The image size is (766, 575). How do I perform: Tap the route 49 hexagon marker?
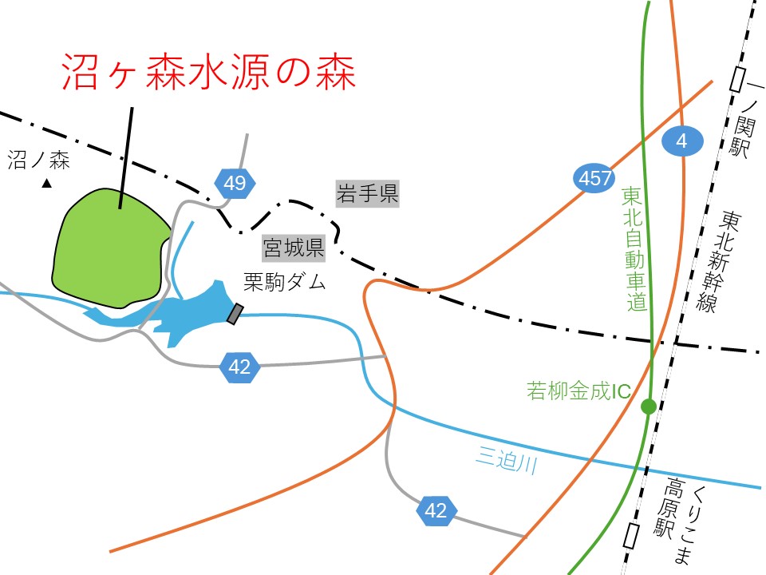(235, 184)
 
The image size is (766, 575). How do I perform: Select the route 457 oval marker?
(593, 178)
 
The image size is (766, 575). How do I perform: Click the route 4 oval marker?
(683, 142)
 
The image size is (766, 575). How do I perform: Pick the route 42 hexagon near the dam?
(239, 367)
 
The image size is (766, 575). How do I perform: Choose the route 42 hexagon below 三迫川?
(436, 510)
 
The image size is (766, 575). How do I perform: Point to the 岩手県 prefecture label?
(367, 193)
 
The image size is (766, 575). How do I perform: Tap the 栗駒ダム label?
(285, 282)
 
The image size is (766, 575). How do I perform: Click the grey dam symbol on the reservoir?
(235, 314)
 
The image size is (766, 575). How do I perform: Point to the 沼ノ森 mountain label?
(39, 161)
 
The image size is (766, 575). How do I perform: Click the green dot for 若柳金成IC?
(649, 406)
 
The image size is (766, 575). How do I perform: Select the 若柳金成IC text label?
(579, 391)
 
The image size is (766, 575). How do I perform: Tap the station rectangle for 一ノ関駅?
(739, 79)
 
